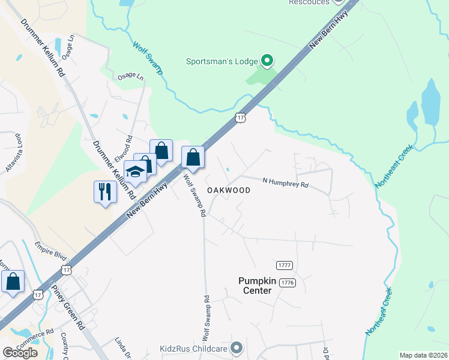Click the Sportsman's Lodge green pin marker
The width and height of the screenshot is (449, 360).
(x=268, y=61)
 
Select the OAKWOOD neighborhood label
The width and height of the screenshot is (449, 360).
(x=229, y=190)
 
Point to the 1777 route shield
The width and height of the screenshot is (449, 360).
(x=285, y=265)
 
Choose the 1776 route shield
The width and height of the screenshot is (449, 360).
(x=288, y=282)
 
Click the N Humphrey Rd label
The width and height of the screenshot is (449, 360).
(x=286, y=182)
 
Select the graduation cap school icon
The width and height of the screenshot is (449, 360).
(x=136, y=172)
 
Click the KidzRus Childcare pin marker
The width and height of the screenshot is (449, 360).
(x=237, y=347)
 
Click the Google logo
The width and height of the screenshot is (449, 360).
(x=20, y=353)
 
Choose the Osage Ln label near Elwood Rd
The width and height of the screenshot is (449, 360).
(x=131, y=77)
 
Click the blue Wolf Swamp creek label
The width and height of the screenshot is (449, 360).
(x=147, y=58)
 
